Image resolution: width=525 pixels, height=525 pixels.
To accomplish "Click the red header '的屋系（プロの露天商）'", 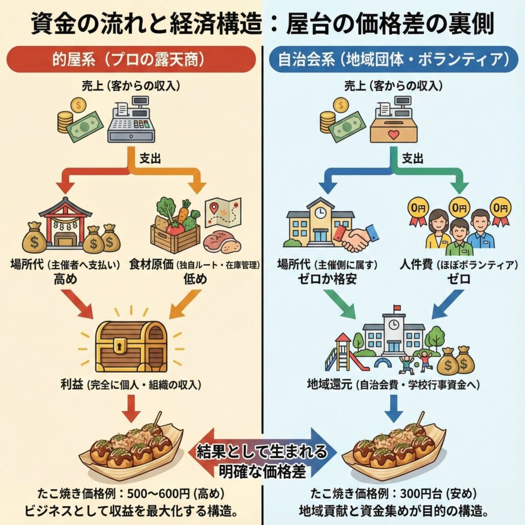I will point(132,59).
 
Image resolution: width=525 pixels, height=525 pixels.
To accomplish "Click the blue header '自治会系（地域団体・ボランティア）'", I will point(393,59).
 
